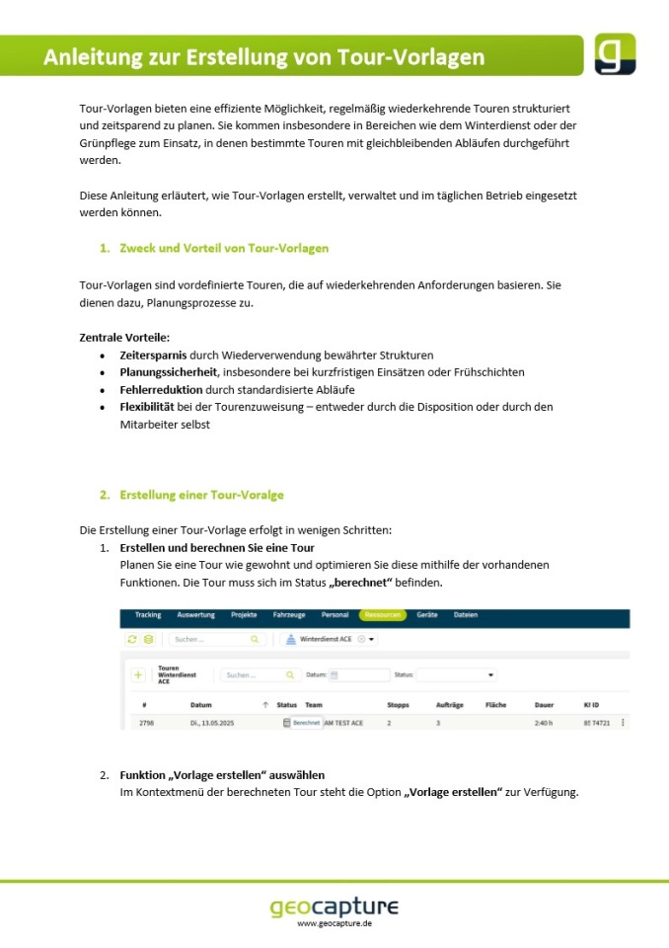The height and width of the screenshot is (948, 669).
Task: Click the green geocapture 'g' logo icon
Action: (x=614, y=54)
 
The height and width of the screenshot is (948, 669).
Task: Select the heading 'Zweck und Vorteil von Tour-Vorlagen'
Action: (x=224, y=248)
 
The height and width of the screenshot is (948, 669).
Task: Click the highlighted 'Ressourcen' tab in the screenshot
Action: (x=382, y=615)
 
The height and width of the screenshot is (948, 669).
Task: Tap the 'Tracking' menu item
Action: (x=148, y=615)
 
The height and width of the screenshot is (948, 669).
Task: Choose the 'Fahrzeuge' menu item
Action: (x=289, y=615)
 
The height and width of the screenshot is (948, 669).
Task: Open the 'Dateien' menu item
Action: (x=466, y=615)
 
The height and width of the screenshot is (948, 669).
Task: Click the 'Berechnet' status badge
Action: (x=306, y=723)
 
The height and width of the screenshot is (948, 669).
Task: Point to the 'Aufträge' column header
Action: (x=449, y=705)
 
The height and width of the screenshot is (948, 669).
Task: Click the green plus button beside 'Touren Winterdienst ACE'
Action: (x=137, y=675)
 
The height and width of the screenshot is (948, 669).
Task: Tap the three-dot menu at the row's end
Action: (x=623, y=723)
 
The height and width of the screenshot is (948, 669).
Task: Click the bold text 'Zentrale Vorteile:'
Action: (x=124, y=338)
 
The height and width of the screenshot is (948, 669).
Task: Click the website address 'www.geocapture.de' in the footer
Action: (x=334, y=923)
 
